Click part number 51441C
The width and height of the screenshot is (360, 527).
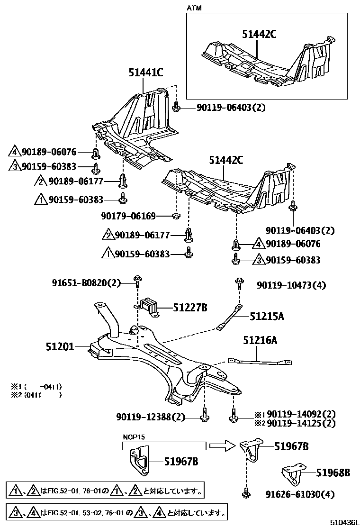tap(146, 73)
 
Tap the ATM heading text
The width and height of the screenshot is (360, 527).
tap(194, 8)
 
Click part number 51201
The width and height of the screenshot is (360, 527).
tap(60, 346)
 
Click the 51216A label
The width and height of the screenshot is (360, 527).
tap(260, 340)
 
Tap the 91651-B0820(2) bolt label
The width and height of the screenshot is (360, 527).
tap(87, 283)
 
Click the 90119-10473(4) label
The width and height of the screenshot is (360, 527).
tap(291, 285)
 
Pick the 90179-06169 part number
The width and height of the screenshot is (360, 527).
tap(135, 216)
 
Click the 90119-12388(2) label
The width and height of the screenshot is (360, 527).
tap(150, 417)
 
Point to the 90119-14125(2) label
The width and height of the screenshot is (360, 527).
tap(301, 423)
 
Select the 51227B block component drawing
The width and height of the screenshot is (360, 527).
tap(149, 307)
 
